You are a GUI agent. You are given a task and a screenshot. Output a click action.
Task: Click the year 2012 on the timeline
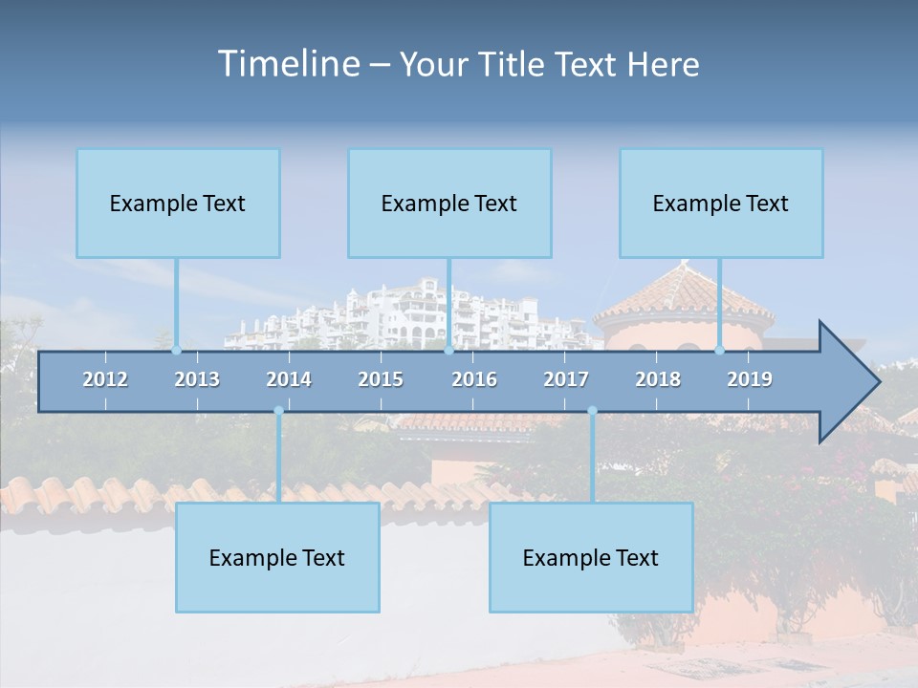click(x=105, y=379)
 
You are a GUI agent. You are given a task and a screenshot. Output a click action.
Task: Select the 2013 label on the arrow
click(x=197, y=379)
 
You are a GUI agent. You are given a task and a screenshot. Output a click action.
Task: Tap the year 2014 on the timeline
click(x=289, y=379)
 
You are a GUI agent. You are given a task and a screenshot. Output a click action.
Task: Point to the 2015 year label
click(x=381, y=379)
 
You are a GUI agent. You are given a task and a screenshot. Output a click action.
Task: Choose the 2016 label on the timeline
click(x=474, y=379)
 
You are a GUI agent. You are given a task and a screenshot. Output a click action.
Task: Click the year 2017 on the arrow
click(x=566, y=379)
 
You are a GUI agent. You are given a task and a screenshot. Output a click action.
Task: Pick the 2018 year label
click(x=658, y=379)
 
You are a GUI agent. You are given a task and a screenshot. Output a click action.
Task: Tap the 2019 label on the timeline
click(x=750, y=379)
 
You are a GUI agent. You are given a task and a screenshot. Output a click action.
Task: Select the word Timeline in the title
click(x=288, y=64)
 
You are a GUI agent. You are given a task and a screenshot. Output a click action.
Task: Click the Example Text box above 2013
click(x=178, y=204)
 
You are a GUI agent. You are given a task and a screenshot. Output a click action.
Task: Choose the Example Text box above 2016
click(x=449, y=204)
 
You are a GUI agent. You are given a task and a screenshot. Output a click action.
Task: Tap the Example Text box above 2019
click(x=721, y=204)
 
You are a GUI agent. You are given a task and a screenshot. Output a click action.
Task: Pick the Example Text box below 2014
click(x=277, y=558)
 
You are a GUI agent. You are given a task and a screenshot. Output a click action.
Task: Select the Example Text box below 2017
click(x=591, y=558)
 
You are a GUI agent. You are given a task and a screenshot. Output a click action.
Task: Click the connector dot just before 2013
click(x=176, y=351)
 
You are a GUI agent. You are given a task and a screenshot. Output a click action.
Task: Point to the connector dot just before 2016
click(x=448, y=351)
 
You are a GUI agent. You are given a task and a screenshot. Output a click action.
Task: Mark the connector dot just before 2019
click(x=719, y=351)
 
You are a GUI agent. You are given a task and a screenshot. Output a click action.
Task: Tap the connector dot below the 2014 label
click(x=278, y=411)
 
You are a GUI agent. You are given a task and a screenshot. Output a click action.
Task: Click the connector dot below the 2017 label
click(x=592, y=411)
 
